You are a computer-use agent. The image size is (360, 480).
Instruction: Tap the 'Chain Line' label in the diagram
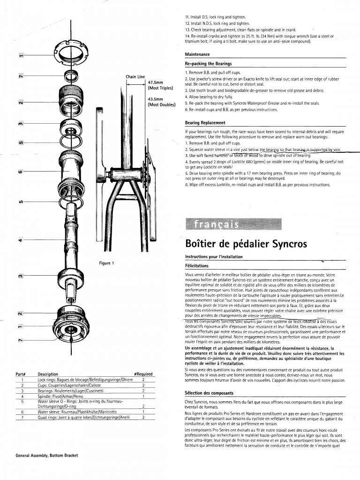coord(135,76)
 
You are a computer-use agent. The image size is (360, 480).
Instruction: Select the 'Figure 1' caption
coord(106,263)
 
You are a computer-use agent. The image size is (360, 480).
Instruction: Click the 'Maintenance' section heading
coord(197,54)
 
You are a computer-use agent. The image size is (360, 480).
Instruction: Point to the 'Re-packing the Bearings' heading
coord(208,64)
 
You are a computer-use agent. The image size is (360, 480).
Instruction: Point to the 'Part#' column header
coord(20,374)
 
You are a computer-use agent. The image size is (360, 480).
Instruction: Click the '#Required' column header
coord(143,374)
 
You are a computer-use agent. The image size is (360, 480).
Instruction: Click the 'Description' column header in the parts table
coord(48,374)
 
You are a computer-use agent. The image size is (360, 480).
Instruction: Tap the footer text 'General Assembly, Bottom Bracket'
coord(46,456)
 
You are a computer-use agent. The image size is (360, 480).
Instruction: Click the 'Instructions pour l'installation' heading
coord(213,257)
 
